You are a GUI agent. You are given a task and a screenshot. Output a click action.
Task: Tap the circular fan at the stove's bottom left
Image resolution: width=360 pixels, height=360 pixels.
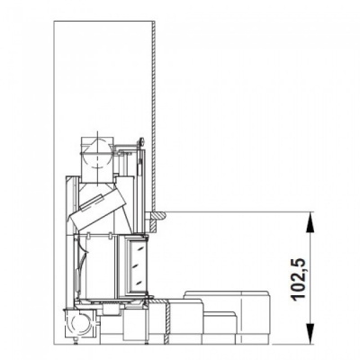click(x=79, y=321)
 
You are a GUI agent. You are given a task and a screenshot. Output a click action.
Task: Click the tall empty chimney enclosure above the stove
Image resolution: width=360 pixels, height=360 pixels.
click(x=104, y=72)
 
